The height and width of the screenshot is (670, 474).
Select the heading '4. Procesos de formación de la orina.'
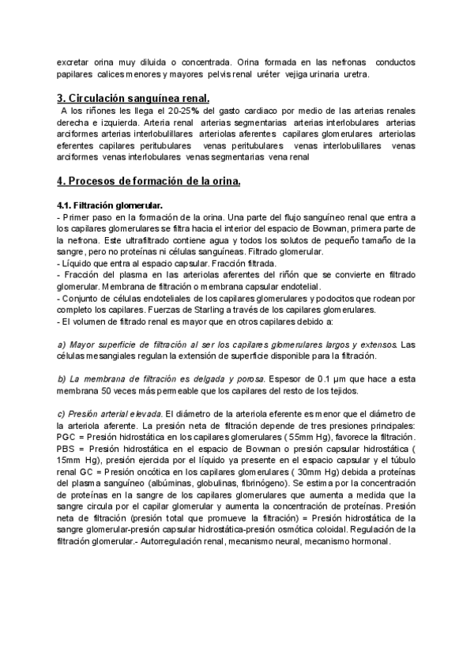tap(149, 181)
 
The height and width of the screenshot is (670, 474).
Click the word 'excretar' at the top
tap(77, 62)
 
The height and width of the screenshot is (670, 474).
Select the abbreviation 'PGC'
tap(69, 438)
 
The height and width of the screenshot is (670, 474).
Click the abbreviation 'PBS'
tap(69, 450)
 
